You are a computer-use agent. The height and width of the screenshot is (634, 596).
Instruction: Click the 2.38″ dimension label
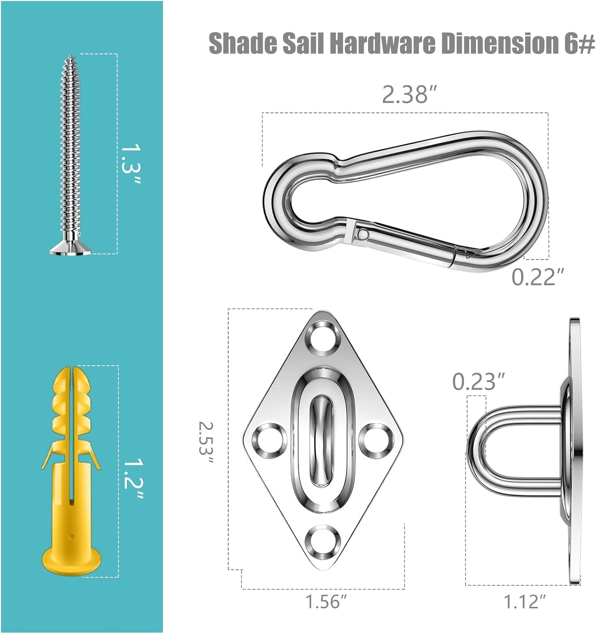pos(410,95)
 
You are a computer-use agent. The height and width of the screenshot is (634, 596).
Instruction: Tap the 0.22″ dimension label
pos(538,277)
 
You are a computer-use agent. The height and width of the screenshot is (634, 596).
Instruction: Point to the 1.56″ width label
pos(326,601)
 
